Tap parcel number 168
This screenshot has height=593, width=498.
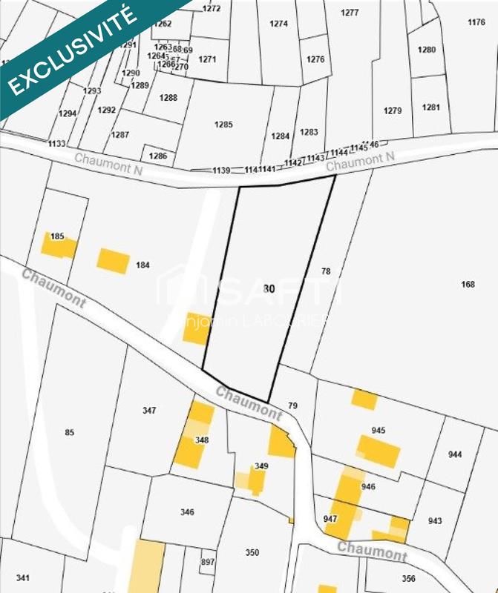(468, 285)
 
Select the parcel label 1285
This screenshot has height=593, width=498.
(223, 124)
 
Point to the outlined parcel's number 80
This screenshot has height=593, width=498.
(268, 289)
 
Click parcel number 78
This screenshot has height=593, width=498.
(325, 271)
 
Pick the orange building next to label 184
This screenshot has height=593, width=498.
(114, 260)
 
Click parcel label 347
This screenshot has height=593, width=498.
(149, 410)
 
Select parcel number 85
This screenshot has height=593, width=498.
(70, 432)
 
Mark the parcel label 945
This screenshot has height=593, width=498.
(379, 431)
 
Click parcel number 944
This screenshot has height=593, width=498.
(455, 454)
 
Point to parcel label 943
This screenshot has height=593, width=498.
(435, 520)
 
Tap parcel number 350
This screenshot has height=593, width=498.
(252, 552)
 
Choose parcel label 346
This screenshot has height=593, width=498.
(187, 512)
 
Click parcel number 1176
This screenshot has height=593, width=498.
(476, 22)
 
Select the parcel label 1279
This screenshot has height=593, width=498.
(393, 110)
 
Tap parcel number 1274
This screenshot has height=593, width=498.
(278, 24)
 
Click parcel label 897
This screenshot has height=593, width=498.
(207, 563)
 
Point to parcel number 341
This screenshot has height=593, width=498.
(22, 578)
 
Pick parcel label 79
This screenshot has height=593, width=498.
(292, 405)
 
